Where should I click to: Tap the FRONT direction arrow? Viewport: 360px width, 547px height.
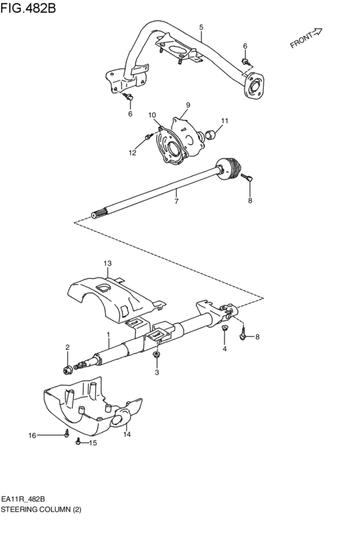pos(306,39)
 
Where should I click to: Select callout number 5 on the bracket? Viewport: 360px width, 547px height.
pos(201,28)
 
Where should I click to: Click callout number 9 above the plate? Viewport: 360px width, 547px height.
pos(188,105)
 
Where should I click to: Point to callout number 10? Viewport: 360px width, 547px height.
pos(152,115)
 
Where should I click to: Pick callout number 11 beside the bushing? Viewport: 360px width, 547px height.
pos(225,121)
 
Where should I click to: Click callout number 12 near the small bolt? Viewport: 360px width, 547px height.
pos(133,152)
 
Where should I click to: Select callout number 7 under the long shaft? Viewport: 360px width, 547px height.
pos(175,201)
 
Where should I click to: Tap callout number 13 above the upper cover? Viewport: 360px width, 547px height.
pos(107,264)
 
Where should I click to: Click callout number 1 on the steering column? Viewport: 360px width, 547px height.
pos(109,335)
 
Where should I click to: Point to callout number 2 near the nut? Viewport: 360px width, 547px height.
pos(67,347)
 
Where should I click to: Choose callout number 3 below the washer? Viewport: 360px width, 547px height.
pos(156,372)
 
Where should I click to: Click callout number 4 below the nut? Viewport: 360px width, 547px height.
pos(224,349)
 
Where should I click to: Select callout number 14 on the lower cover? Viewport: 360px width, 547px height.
pos(127,435)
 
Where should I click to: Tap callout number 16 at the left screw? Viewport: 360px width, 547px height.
pos(32,435)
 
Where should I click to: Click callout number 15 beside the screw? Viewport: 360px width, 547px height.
pos(93,443)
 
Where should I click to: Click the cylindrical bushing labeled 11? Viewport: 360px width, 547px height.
pos(210,136)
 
